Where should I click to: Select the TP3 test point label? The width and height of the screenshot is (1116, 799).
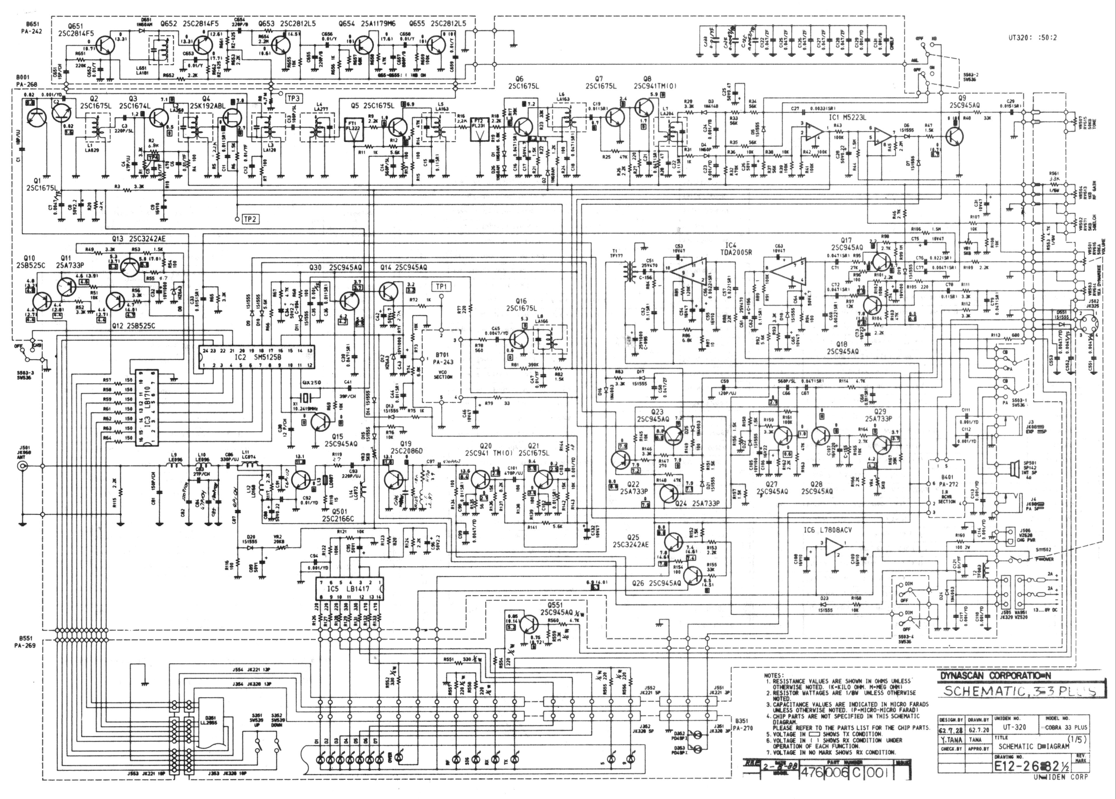click(294, 98)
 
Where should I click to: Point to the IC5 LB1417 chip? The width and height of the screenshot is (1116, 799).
click(349, 588)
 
